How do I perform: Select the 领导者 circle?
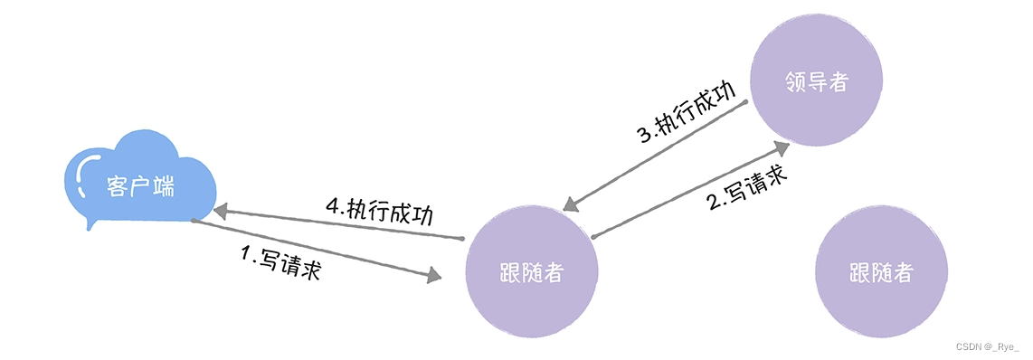817,81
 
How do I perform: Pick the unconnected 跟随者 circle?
881,273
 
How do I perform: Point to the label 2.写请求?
746,188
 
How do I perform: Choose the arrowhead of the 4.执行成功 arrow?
221,210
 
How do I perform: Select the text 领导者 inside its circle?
817,81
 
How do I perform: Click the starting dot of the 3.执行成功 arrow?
746,102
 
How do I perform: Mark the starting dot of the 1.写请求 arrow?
193,221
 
